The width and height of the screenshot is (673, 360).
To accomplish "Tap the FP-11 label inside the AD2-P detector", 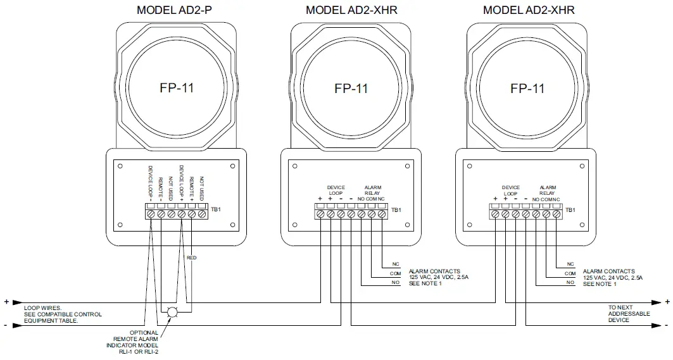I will pyautogui.click(x=176, y=88).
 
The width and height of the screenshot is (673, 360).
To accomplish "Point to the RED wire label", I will pyautogui.click(x=191, y=258).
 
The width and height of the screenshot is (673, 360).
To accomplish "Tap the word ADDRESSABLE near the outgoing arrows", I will pyautogui.click(x=629, y=314).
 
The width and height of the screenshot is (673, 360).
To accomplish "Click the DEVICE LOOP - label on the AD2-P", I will pyautogui.click(x=151, y=183).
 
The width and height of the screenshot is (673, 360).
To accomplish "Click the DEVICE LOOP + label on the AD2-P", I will pyautogui.click(x=182, y=183).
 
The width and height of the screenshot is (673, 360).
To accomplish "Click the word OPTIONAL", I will pyautogui.click(x=144, y=333).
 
